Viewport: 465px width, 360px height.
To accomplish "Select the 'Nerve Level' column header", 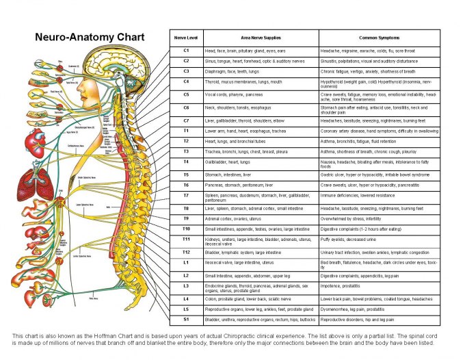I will [x=186, y=38].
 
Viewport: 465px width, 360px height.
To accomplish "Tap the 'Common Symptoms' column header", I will [x=379, y=38].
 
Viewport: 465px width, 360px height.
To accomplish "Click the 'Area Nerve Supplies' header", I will [x=261, y=38].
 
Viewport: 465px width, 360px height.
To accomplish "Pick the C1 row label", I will [x=186, y=51].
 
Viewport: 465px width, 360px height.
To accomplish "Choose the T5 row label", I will [x=186, y=175].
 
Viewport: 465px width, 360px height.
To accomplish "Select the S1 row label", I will [x=186, y=319].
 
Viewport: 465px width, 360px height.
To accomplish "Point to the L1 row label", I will [x=186, y=262].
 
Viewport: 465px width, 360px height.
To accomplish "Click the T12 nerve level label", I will [x=186, y=252].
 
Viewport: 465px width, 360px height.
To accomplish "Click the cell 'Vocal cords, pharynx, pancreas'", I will [x=234, y=94].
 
